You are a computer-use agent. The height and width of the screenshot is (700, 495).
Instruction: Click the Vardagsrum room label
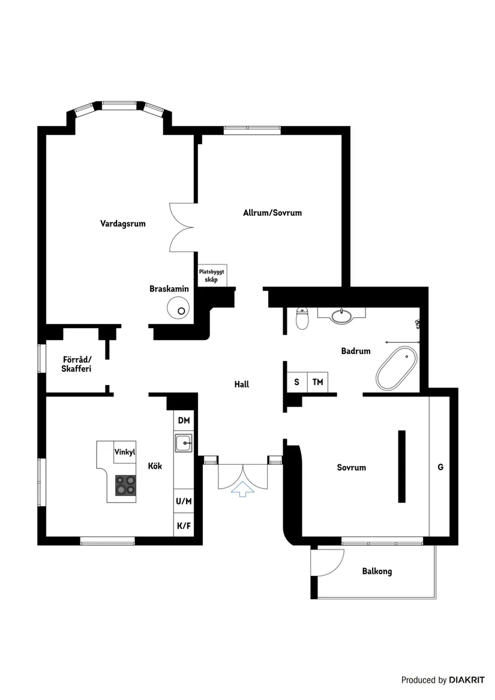point(123,224)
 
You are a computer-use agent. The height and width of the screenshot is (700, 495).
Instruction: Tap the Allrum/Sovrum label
point(272,213)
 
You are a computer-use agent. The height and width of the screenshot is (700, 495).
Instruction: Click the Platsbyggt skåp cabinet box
point(212,275)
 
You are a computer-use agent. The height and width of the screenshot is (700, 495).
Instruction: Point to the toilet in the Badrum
point(302,319)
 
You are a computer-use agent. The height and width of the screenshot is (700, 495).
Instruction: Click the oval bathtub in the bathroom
point(397,368)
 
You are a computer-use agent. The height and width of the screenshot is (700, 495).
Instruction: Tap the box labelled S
point(296,381)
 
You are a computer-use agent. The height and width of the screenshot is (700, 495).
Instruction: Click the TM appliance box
point(317,381)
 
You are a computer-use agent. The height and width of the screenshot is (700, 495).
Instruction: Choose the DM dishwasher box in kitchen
point(184,421)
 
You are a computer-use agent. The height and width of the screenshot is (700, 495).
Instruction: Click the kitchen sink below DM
point(184,443)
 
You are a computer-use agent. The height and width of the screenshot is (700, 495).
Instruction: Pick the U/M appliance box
point(184,501)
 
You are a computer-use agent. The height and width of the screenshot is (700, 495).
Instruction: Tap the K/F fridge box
point(184,526)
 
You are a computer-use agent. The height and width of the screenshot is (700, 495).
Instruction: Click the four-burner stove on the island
point(125,485)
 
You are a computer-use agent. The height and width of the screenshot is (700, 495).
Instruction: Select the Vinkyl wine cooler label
point(125,452)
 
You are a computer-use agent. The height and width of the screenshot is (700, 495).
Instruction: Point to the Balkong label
point(377,571)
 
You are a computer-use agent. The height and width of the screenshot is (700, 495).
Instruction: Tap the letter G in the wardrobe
point(440,467)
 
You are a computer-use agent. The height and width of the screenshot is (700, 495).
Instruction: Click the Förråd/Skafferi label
point(76,365)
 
